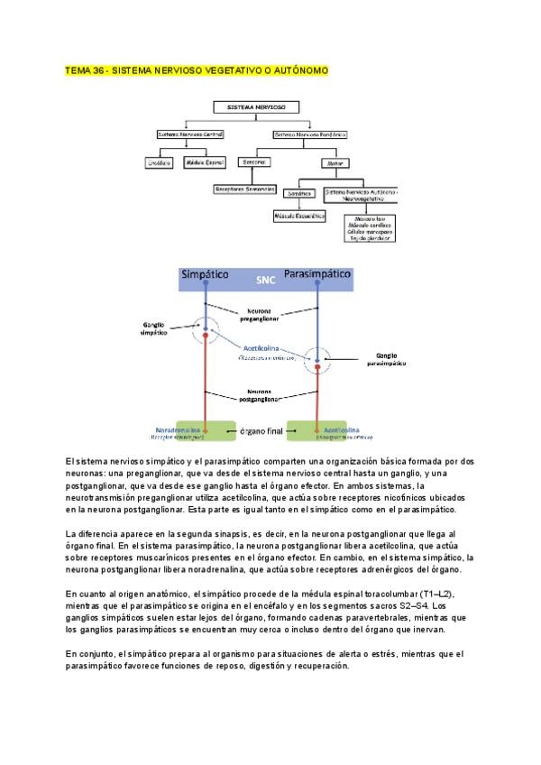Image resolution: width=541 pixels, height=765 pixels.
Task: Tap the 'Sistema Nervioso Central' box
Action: click(189, 134)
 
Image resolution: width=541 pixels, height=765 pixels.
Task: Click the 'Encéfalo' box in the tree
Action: click(159, 162)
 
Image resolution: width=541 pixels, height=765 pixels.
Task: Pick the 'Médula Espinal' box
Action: click(204, 162)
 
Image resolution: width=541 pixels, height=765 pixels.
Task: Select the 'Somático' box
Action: click(298, 193)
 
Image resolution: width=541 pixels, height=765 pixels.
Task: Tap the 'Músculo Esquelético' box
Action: click(299, 217)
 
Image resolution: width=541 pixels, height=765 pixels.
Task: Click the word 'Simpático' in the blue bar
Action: click(205, 273)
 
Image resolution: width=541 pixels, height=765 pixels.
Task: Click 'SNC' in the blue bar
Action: click(262, 280)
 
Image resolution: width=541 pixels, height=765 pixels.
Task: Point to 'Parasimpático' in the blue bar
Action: click(317, 272)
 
